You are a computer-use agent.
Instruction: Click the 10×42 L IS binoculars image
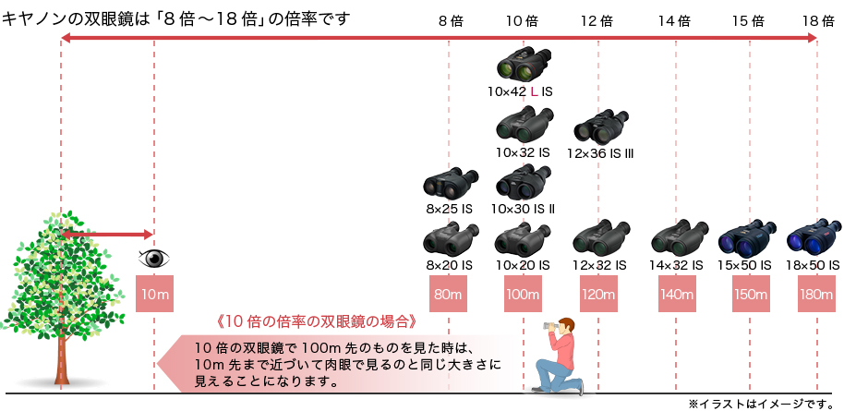pos(524,66)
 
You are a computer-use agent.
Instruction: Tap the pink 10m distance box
pos(153,295)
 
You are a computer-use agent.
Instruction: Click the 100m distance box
pos(523,295)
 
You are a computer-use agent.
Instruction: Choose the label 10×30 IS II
pos(523,210)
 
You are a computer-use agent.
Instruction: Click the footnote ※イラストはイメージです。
pos(761,404)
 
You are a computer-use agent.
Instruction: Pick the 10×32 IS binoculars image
pos(524,124)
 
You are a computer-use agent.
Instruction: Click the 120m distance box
pos(598,295)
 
